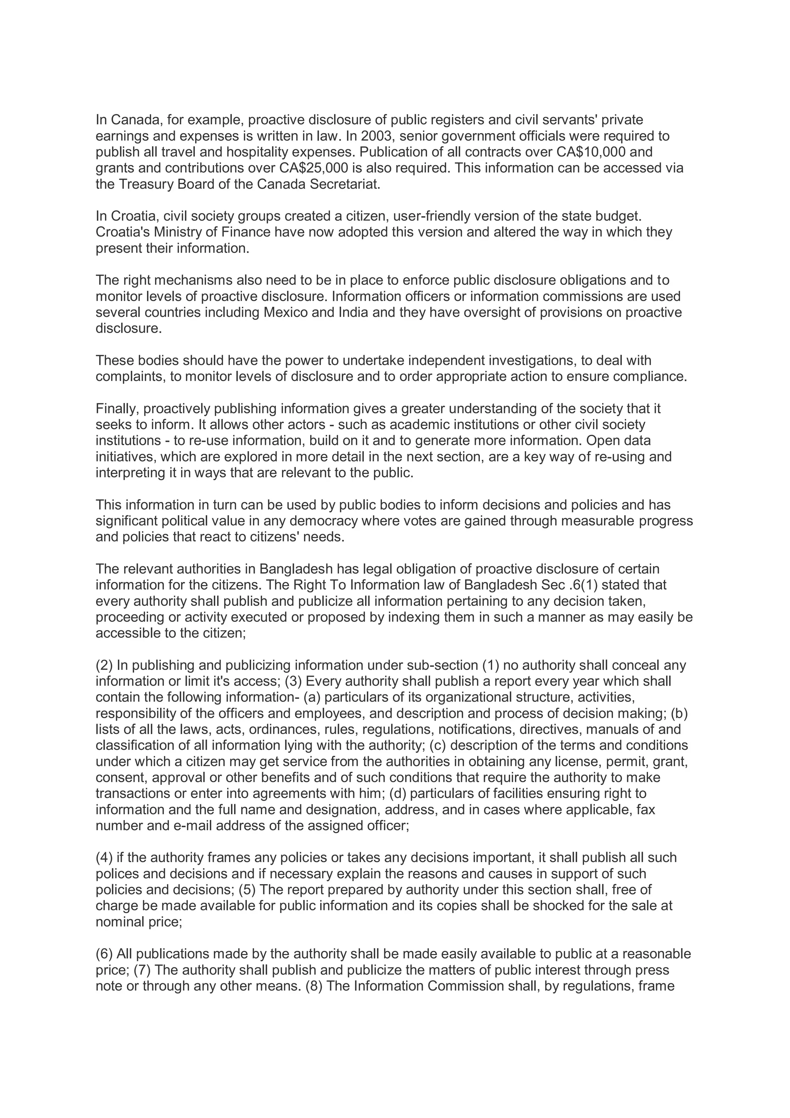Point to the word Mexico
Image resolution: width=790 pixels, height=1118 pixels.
coord(285,312)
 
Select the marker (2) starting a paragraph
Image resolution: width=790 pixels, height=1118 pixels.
coord(104,665)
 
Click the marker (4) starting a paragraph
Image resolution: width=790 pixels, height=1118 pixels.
coord(104,858)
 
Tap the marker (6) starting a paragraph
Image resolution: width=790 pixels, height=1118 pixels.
coord(104,954)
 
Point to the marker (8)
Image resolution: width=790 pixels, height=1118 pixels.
coord(314,986)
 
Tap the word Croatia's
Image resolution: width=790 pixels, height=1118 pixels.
coord(123,232)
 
